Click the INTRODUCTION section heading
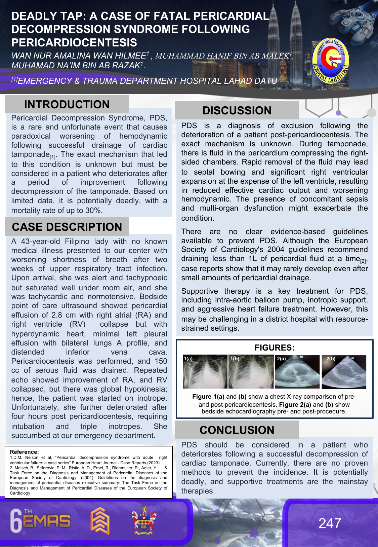click(x=67, y=104)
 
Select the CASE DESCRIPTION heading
click(x=67, y=227)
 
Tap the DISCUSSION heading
click(x=237, y=110)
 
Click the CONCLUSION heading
click(x=237, y=430)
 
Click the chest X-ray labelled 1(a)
click(x=205, y=372)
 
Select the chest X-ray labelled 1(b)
click(x=251, y=372)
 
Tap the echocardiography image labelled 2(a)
click(x=297, y=372)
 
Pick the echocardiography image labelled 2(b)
click(x=344, y=372)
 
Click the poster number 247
click(x=330, y=523)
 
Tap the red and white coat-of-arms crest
click(x=144, y=520)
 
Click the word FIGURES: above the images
click(x=274, y=348)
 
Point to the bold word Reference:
click(x=24, y=452)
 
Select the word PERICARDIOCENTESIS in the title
click(x=74, y=43)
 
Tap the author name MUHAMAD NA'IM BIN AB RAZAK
click(x=76, y=65)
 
